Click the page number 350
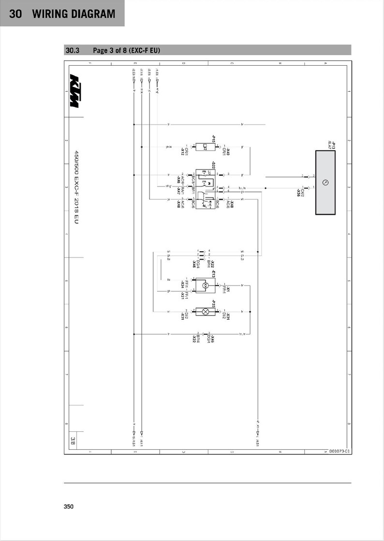pos(69,507)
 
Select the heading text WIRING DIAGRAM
pos(74,14)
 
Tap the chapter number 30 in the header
pos(15,14)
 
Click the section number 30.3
pos(72,50)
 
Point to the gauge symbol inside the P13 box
pos(326,183)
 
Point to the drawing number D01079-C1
pos(339,451)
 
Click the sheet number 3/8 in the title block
pos(73,440)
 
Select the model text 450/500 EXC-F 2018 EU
pos(76,186)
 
